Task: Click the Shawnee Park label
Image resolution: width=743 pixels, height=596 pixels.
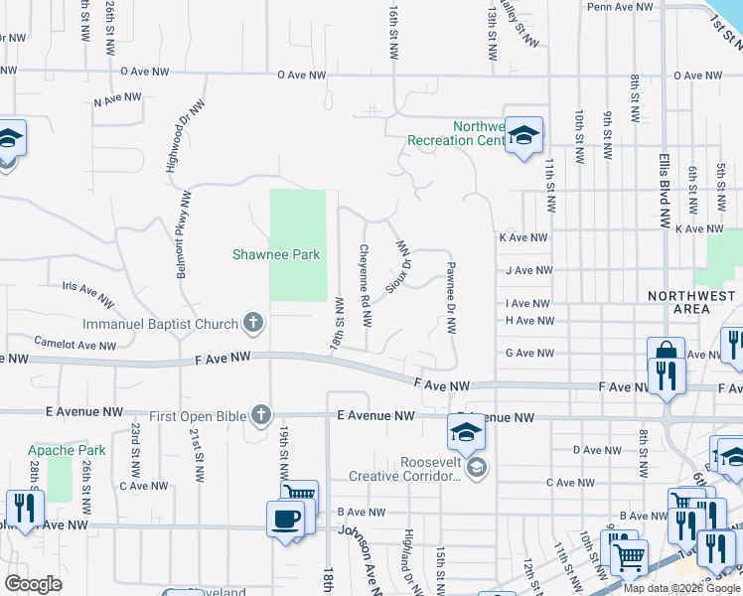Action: [x=276, y=255]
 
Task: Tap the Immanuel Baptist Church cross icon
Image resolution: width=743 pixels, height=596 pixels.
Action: [x=253, y=323]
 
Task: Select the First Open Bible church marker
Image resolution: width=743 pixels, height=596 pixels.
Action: [x=260, y=415]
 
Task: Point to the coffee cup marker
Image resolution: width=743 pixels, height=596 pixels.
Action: [x=286, y=519]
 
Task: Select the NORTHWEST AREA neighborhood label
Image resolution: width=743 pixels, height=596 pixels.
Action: [x=692, y=302]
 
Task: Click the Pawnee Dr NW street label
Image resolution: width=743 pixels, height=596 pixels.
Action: [x=451, y=296]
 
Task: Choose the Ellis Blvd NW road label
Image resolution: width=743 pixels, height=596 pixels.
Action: [x=665, y=191]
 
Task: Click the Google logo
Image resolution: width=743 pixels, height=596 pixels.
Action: [x=33, y=584]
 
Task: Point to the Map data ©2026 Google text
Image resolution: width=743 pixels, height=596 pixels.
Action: [x=681, y=588]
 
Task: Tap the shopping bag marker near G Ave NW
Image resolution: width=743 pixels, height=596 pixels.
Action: [x=666, y=352]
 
